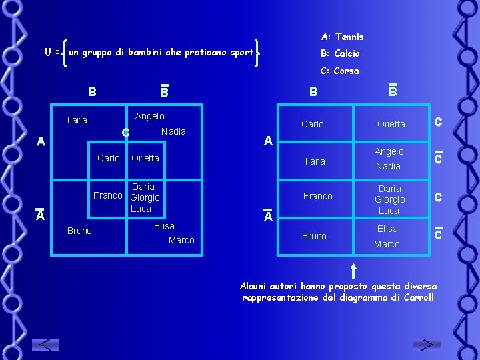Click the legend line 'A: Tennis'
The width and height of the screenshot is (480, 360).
tap(342, 37)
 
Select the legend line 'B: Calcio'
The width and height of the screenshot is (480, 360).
tap(340, 53)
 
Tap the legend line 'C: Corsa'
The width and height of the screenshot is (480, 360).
tap(339, 71)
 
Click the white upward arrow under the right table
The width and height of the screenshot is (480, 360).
tap(353, 269)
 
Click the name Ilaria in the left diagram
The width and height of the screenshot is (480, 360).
tap(77, 120)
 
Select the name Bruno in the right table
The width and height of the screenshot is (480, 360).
tap(314, 236)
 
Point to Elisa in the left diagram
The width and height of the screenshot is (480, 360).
tap(164, 226)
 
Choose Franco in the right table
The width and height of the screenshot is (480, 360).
tap(317, 196)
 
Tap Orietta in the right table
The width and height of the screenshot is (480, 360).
tap(391, 124)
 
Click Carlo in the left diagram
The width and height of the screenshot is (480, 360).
tap(109, 158)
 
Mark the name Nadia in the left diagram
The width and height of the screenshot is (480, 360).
tap(173, 131)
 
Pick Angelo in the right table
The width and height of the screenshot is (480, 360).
tap(389, 151)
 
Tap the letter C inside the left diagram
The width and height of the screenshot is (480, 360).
tap(125, 133)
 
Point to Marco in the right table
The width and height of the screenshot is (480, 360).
tap(387, 244)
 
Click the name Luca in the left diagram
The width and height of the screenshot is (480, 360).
tap(141, 209)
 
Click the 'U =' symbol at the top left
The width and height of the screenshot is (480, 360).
tap(53, 51)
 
